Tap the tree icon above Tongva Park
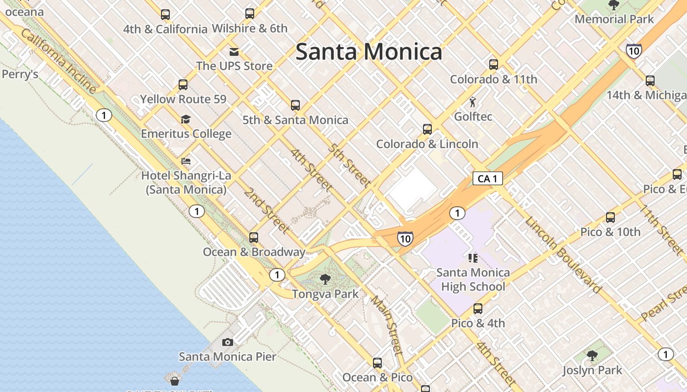(325, 280)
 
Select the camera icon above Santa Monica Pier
(227, 342)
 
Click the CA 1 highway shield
(487, 178)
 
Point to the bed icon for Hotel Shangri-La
(186, 161)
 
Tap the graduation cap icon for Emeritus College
(185, 119)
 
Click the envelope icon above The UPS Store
(234, 51)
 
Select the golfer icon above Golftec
(473, 102)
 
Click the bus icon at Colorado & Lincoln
(427, 129)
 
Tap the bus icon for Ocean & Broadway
(254, 238)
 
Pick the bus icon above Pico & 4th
(477, 309)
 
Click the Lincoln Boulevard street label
(563, 254)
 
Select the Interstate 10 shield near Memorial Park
(634, 50)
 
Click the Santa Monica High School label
(473, 279)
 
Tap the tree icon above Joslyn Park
(592, 355)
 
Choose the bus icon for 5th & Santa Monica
(295, 105)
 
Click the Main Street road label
(387, 324)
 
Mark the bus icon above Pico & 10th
(610, 218)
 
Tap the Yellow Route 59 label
(183, 99)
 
